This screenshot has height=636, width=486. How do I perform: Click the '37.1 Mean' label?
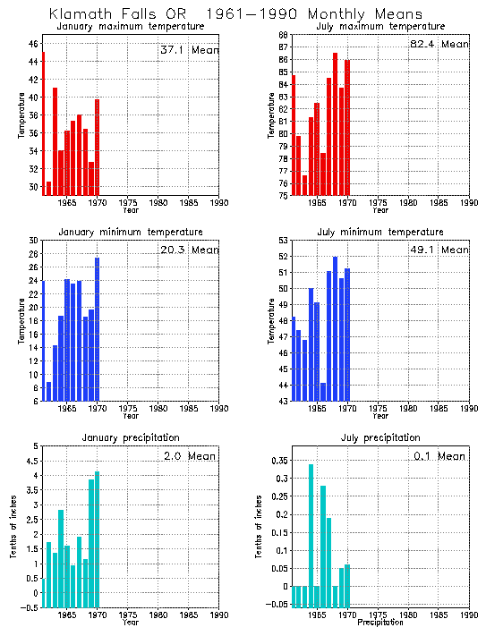click(187, 51)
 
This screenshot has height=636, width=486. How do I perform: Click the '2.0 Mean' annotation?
click(190, 456)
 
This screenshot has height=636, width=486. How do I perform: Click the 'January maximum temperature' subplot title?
click(130, 27)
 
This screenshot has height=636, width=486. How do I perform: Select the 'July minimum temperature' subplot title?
click(379, 233)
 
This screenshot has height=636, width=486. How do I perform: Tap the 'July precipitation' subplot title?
click(380, 437)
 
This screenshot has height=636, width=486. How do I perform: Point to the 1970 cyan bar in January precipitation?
click(98, 539)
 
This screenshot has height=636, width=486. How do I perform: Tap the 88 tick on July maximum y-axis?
click(282, 35)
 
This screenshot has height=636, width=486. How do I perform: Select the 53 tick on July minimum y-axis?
click(282, 240)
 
